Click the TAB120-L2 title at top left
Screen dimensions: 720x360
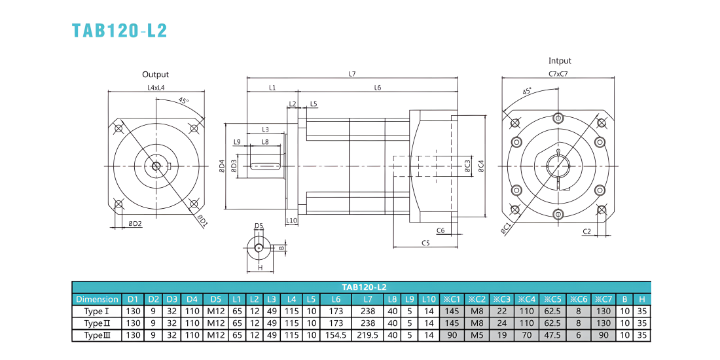(119, 30)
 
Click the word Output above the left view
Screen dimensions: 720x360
(155, 75)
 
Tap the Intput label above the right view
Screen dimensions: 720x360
(560, 61)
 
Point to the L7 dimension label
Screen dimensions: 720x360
(352, 73)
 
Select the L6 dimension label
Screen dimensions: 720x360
(378, 87)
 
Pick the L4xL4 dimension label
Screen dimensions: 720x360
(156, 87)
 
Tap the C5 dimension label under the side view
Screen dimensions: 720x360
(425, 243)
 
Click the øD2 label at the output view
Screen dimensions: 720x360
(135, 224)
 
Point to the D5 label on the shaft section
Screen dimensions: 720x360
(259, 225)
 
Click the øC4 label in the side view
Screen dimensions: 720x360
(481, 166)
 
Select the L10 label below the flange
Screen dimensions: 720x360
(291, 221)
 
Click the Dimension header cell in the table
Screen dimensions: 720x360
(97, 299)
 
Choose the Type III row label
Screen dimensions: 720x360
(97, 335)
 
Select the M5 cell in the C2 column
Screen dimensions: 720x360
(477, 335)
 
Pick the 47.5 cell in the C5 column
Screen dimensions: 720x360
(553, 335)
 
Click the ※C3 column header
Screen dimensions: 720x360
(501, 299)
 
